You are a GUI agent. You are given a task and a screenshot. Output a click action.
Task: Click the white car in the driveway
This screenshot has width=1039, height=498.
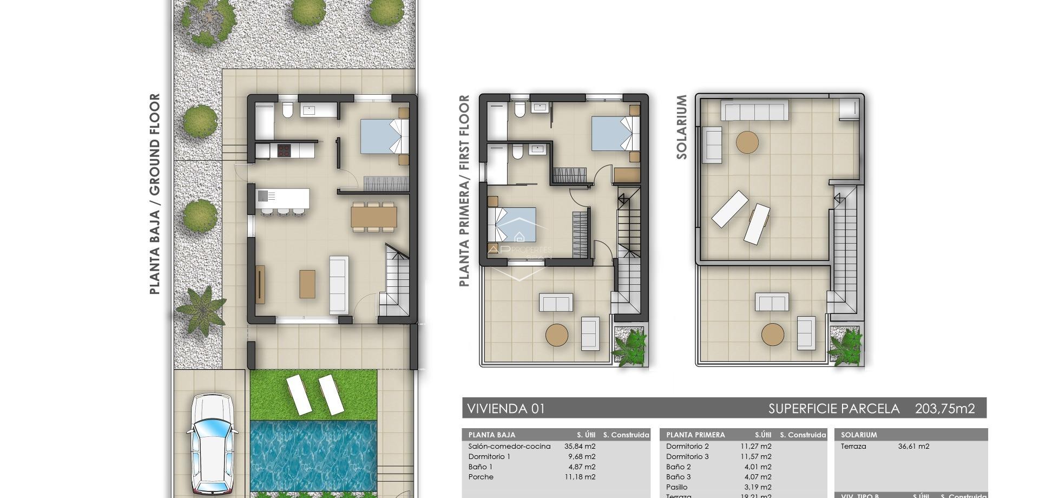coord(212,444)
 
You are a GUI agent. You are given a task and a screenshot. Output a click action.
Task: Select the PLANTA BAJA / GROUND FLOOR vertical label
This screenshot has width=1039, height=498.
coord(155,194)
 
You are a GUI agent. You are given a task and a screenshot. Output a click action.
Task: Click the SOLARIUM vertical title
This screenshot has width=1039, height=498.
coord(681,127)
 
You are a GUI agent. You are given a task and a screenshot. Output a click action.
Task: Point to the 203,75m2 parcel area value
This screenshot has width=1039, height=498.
coord(944,409)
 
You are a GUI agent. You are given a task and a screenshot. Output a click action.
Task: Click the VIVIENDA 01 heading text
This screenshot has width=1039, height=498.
coord(505,409)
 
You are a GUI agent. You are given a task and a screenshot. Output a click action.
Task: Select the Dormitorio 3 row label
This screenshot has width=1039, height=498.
coord(687,457)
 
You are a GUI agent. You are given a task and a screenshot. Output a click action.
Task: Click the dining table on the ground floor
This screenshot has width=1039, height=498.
coord(373,217)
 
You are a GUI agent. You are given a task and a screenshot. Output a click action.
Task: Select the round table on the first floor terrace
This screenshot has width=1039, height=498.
coord(557,335)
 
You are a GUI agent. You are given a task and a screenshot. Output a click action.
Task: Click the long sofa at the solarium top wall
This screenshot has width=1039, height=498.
coord(754,112)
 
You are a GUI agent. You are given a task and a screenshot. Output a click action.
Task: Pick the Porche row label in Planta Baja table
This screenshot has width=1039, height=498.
coord(481,477)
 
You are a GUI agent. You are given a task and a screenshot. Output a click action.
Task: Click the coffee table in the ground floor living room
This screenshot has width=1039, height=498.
coord(307,284)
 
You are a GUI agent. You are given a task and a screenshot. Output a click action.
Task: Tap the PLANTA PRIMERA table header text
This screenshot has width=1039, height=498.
coord(695,435)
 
